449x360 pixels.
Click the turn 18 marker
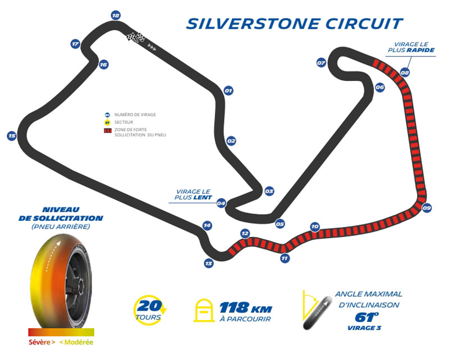click(116, 15)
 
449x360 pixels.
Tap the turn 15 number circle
click(11, 135)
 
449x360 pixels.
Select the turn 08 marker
click(405, 72)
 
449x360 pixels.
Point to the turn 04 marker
click(221, 203)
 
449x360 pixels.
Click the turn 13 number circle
click(209, 263)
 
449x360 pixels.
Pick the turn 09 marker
click(427, 208)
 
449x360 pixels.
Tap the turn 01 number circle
click(228, 90)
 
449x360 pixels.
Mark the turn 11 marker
click(285, 258)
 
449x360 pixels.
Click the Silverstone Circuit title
click(295, 24)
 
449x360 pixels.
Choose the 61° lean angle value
click(366, 317)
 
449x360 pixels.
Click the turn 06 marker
click(380, 88)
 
